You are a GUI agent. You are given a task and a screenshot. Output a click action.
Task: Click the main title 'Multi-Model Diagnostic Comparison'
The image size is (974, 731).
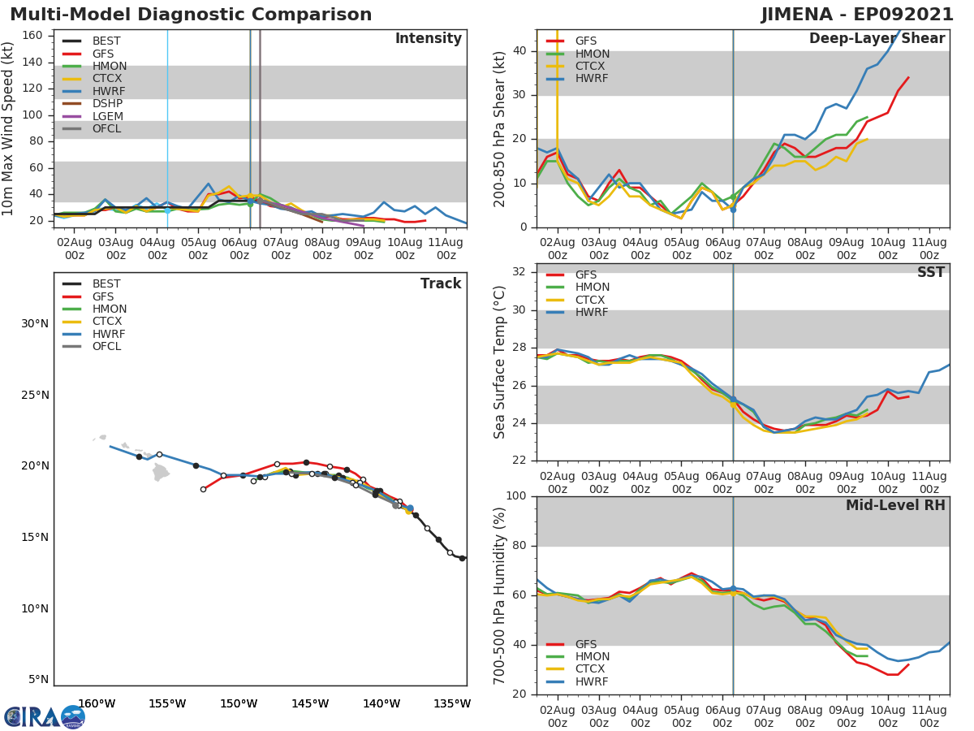(x=191, y=15)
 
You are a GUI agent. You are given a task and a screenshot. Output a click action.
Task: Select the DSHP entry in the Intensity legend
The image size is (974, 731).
(x=107, y=104)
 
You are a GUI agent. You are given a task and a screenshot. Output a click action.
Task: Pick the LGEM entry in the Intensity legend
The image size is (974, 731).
(x=107, y=116)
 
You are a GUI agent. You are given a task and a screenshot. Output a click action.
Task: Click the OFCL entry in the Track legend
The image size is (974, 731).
(x=106, y=347)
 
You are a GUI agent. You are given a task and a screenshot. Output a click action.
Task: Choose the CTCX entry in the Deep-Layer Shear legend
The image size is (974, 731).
(x=591, y=67)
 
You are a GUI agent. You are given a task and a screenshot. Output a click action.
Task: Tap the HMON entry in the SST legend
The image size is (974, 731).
(x=592, y=288)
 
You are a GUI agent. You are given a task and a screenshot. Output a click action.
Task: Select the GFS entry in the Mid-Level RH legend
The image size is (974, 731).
(x=585, y=644)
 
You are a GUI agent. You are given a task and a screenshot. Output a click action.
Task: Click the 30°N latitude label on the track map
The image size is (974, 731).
(x=35, y=324)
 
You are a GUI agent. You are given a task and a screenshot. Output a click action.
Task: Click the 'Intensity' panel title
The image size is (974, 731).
(x=428, y=39)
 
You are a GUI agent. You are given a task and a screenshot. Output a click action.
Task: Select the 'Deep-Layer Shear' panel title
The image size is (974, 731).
(x=877, y=39)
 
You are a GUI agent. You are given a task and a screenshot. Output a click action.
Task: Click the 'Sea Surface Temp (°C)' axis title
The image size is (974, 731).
(x=500, y=362)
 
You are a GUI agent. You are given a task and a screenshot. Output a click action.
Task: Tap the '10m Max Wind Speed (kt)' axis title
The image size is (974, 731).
(x=9, y=129)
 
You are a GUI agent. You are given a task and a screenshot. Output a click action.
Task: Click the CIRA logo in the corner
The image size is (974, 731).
(x=44, y=716)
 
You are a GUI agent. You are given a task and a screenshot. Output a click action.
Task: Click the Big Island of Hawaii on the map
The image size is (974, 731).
(x=161, y=473)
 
